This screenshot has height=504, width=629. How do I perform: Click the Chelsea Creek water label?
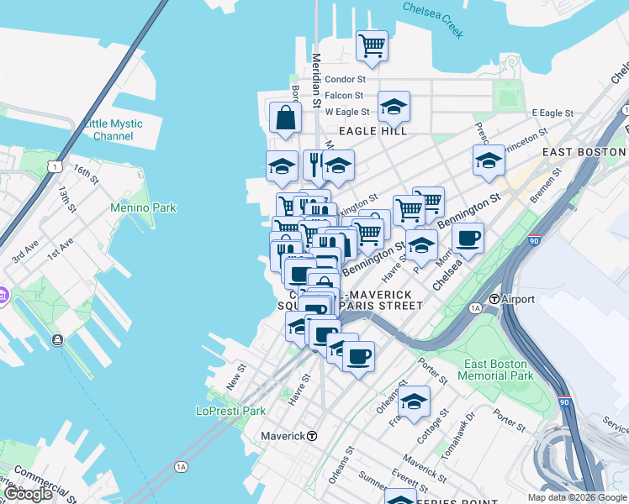point(433,19)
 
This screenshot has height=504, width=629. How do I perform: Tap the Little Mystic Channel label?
point(114,129)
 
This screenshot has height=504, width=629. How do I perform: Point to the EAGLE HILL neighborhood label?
point(373,131)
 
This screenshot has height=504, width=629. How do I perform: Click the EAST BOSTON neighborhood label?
point(584,151)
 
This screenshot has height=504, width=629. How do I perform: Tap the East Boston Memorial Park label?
point(497,370)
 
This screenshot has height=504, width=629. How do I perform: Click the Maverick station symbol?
point(312,436)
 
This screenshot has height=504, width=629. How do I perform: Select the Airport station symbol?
point(495,299)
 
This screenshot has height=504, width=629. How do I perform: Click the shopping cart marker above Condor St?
point(372,45)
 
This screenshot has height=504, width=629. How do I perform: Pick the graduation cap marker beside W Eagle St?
point(394,107)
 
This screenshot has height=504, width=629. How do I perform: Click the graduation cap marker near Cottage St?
point(414,402)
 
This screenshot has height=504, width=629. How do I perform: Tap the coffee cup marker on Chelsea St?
point(468,237)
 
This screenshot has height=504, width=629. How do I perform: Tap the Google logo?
point(29,494)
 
